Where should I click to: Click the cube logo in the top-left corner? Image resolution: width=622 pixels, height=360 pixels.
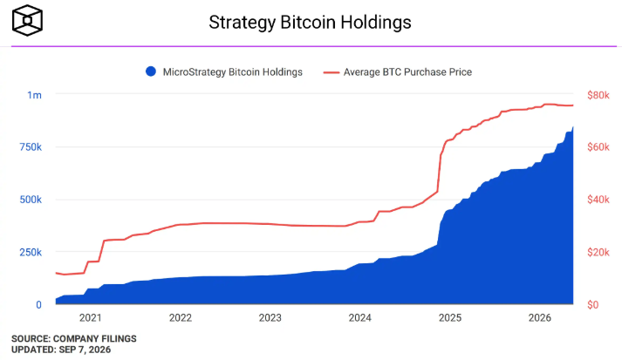pos(27,20)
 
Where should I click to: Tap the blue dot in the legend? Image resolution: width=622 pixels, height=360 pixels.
pos(151,71)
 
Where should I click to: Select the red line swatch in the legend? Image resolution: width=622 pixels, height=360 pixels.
pos(332,72)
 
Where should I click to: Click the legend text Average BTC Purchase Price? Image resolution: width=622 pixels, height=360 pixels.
pos(407,72)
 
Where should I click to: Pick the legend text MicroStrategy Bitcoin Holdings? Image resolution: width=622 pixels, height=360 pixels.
pos(232,72)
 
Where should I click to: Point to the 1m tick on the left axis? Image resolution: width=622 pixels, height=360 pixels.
pos(34,95)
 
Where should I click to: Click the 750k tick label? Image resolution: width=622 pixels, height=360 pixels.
pos(31,147)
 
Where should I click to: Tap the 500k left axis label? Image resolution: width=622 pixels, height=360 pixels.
pos(31,200)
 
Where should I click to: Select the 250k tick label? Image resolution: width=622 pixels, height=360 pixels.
pos(31,252)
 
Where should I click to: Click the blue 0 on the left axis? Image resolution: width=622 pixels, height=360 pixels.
pos(38,304)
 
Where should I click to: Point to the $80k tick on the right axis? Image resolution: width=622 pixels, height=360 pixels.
pos(598,95)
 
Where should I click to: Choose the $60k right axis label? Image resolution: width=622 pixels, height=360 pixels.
pos(598,147)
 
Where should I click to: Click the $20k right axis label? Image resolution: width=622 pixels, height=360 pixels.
pos(598,252)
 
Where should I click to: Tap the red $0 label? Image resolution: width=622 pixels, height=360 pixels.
pos(592,304)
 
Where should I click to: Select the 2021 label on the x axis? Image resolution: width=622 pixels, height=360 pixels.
pos(91,317)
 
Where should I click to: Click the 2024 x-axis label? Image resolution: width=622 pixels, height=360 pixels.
pos(359,317)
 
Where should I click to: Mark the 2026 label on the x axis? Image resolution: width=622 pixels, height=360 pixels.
pos(540,317)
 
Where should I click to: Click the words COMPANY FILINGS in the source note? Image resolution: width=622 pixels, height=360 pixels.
pos(95,338)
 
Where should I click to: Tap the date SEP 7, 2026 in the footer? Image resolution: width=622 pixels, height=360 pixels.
pos(85,350)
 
